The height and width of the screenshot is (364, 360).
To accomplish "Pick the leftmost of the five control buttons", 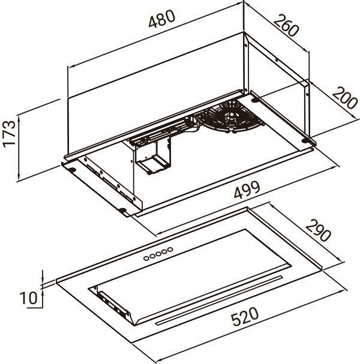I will point(146,258).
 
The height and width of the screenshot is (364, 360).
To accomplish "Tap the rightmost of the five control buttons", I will point(170,248).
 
